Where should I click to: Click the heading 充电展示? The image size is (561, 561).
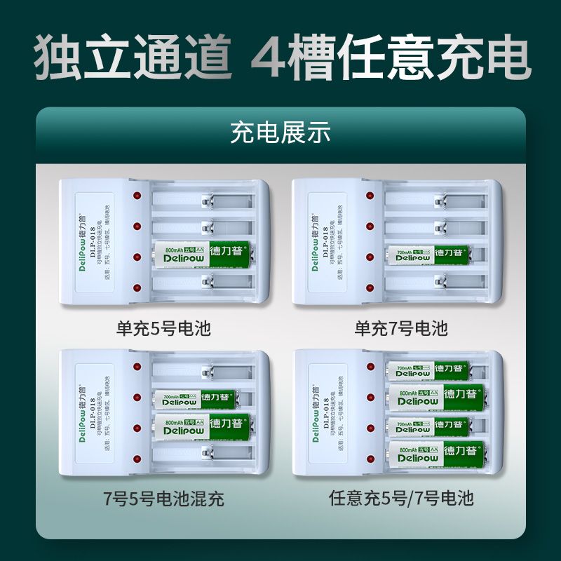click(x=280, y=133)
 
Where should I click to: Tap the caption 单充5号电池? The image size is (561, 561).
click(x=164, y=328)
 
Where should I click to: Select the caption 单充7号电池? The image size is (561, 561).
click(x=400, y=328)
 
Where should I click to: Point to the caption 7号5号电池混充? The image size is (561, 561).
click(x=164, y=499)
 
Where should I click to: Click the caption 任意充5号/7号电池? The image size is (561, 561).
click(x=401, y=499)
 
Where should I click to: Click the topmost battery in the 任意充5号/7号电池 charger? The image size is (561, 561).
click(x=429, y=367)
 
